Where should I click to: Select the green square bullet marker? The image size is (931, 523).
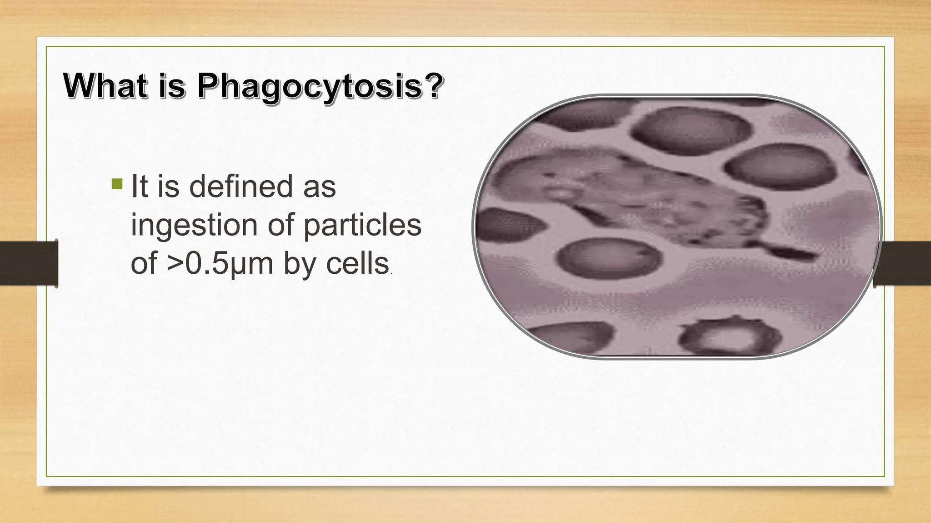point(117,184)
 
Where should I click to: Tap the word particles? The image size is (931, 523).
point(362,225)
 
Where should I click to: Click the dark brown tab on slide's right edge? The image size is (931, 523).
point(902,263)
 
